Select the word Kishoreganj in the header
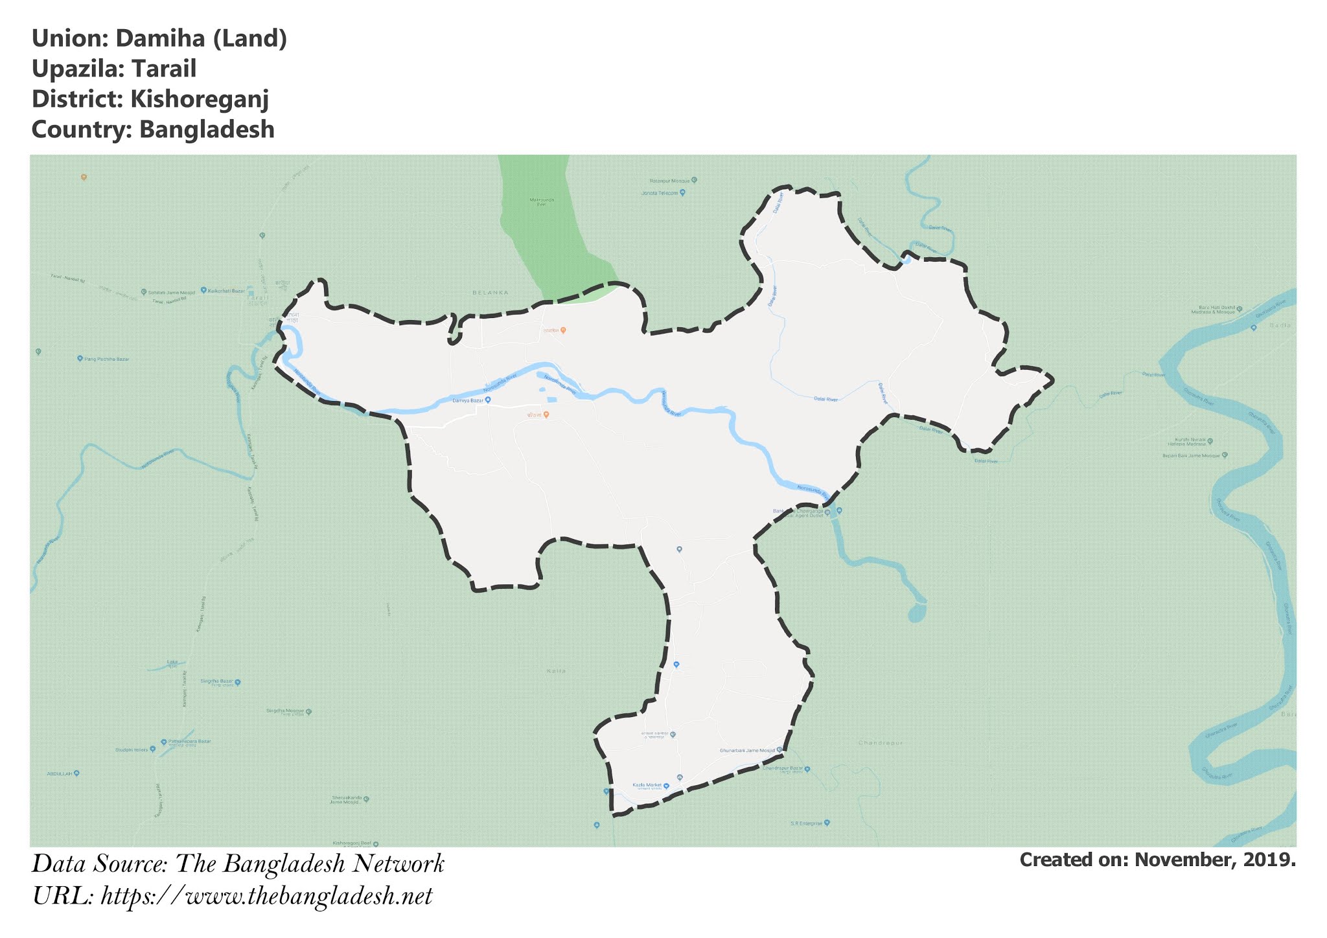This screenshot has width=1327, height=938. pyautogui.click(x=200, y=99)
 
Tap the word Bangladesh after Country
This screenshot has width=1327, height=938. pyautogui.click(x=207, y=130)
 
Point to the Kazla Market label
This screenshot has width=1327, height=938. pyautogui.click(x=647, y=785)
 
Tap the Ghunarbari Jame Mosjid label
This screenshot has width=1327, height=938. pyautogui.click(x=747, y=751)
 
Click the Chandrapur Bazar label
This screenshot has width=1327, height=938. pyautogui.click(x=783, y=769)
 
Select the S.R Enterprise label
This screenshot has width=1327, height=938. pyautogui.click(x=806, y=823)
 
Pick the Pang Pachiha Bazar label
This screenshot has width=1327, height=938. pyautogui.click(x=107, y=358)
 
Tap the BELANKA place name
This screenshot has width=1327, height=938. pyautogui.click(x=490, y=293)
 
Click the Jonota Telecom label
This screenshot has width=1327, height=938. pyautogui.click(x=660, y=193)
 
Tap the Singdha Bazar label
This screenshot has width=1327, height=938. pyautogui.click(x=216, y=681)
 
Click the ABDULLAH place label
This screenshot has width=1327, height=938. pyautogui.click(x=59, y=773)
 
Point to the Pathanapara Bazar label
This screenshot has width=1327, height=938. pyautogui.click(x=189, y=741)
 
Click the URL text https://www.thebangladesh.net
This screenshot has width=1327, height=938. pyautogui.click(x=266, y=897)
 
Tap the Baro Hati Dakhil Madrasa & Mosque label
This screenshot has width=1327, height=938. pyautogui.click(x=1217, y=310)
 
